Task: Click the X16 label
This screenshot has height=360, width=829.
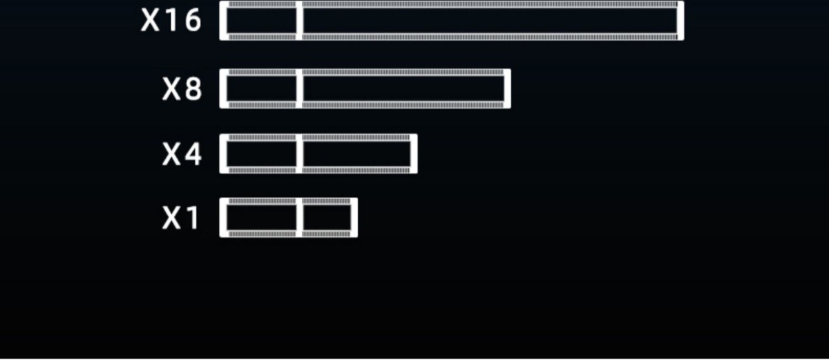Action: click(171, 21)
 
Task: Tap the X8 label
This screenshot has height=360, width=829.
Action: click(182, 89)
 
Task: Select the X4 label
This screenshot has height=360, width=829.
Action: click(182, 154)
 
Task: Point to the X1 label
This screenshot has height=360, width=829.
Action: click(180, 218)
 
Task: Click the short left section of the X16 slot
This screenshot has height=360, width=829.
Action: click(262, 21)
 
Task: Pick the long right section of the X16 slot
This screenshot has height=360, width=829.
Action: click(489, 21)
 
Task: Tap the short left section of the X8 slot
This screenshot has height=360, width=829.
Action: click(262, 89)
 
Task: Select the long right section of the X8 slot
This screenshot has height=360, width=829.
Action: click(403, 89)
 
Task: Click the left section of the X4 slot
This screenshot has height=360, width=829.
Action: click(262, 154)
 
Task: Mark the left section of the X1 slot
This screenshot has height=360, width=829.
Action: click(262, 218)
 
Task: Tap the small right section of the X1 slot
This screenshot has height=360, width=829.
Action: click(326, 218)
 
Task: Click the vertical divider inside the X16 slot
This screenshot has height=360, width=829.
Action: click(300, 21)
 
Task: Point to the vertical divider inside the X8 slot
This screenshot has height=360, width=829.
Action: click(300, 89)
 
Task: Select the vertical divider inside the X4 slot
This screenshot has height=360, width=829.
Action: click(300, 154)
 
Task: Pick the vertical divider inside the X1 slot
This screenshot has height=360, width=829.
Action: click(300, 218)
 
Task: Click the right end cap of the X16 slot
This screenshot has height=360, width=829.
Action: click(680, 21)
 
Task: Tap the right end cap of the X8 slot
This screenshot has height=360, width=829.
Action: click(507, 89)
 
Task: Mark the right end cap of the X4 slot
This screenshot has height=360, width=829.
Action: click(414, 154)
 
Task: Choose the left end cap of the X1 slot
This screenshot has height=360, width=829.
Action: click(223, 218)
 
